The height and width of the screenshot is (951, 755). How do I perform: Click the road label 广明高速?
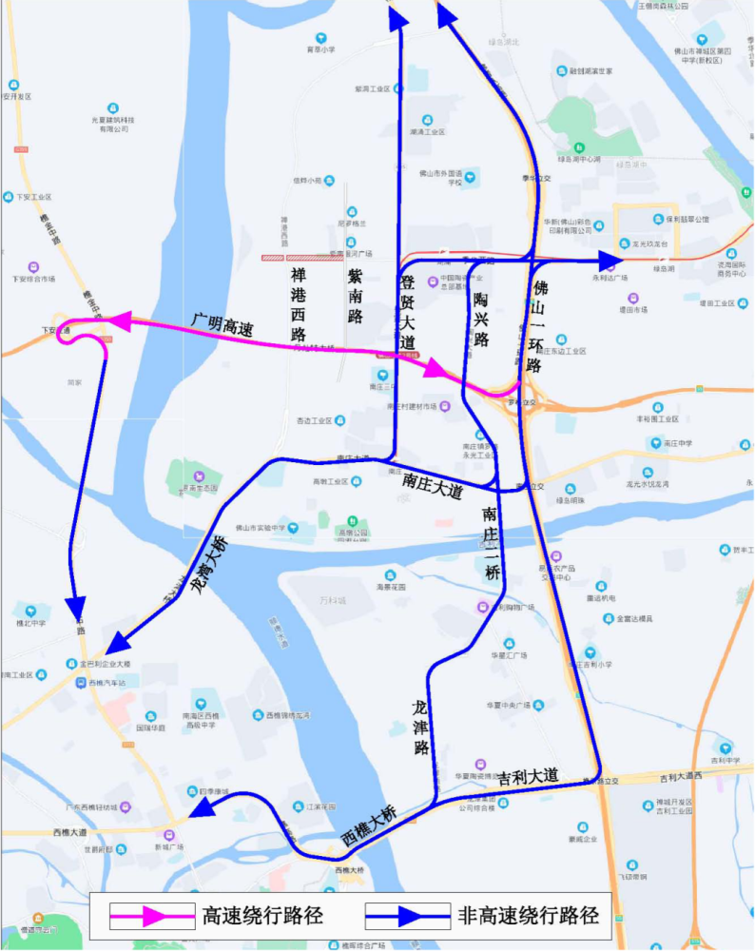coord(221,326)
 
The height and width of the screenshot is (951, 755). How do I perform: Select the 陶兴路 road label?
coord(481,319)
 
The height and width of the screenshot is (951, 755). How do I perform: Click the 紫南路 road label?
coord(355,296)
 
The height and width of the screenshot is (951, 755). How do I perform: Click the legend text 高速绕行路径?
coord(262,917)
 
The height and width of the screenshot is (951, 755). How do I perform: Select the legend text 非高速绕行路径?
coord(529,917)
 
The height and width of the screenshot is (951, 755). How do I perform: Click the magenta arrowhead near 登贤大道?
coord(434,368)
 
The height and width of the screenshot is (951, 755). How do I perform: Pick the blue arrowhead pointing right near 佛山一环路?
coord(610,259)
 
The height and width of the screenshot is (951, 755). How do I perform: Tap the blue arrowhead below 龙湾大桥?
coord(116,643)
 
